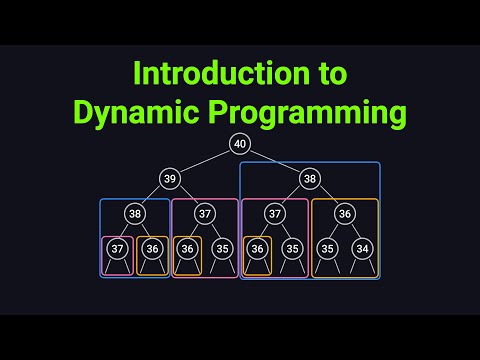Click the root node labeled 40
point(239,144)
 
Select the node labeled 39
point(170,178)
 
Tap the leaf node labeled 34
point(361,248)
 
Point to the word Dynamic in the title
point(130,113)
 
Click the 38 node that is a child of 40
point(309,178)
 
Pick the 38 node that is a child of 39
point(135,213)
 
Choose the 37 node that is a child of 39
point(205,213)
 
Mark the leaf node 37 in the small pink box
point(118,248)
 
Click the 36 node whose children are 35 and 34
point(344,213)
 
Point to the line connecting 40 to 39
point(205,161)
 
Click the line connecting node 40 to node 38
point(274,161)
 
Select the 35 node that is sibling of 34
point(327,248)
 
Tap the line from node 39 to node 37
point(188,196)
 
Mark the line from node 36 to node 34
point(353,231)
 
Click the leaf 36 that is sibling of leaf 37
point(152,248)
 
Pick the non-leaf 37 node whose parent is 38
point(275,213)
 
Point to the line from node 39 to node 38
point(152,196)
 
